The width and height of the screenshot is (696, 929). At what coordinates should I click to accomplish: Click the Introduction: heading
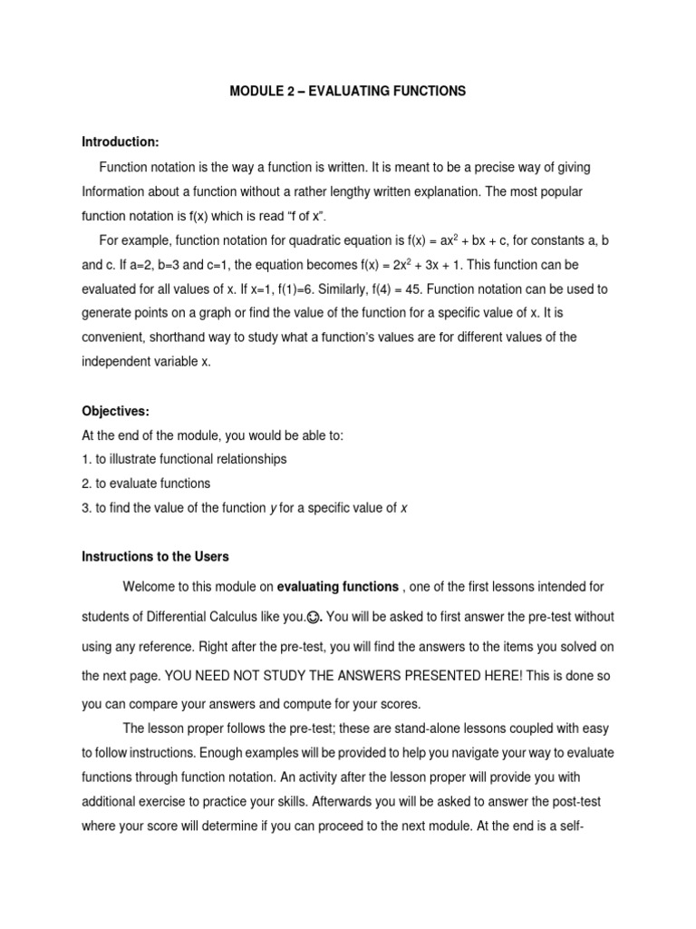[x=121, y=142]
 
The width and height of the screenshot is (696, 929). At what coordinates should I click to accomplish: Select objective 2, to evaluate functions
[x=146, y=484]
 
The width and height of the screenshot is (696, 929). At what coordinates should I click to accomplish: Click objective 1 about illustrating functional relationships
[x=184, y=459]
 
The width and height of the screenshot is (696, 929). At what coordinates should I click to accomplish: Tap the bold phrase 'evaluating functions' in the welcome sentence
[x=337, y=587]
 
